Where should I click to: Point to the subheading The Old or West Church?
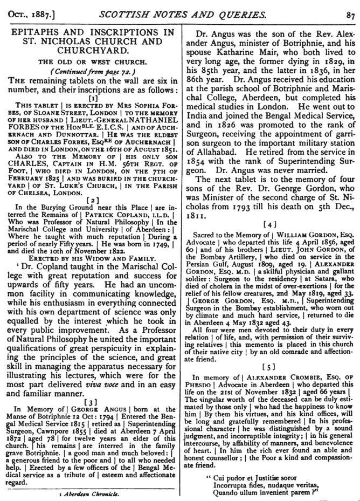point(92,63)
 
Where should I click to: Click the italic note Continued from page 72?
point(92,72)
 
